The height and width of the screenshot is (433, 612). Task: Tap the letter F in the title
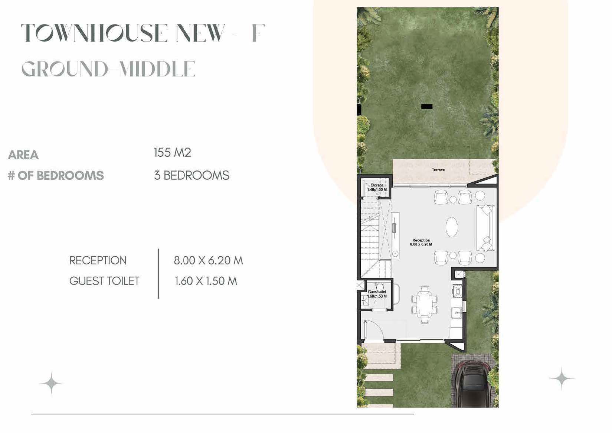[258, 33]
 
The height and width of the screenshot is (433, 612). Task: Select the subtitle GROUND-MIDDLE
[108, 69]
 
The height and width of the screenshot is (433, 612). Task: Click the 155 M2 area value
[172, 153]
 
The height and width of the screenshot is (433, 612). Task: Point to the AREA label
[23, 154]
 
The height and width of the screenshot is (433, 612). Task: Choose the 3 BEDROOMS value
[192, 175]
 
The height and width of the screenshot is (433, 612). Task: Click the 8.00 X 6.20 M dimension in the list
[208, 260]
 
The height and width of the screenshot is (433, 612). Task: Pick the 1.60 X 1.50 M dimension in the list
[206, 281]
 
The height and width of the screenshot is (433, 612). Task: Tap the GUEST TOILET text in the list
[104, 281]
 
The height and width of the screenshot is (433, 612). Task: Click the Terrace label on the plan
[438, 170]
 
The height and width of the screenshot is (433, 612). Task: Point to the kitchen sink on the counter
[456, 313]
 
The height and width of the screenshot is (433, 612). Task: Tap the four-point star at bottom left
[51, 383]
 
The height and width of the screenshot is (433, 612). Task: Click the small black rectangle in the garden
[427, 107]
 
